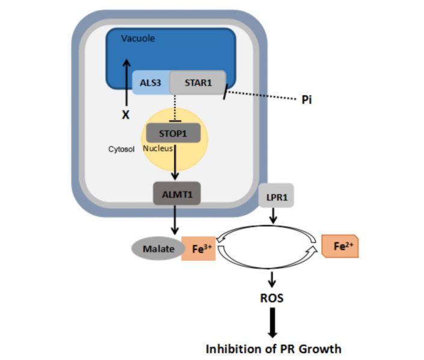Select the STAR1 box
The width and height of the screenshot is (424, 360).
pos(198,82)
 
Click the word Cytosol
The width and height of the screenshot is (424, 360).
pos(121,147)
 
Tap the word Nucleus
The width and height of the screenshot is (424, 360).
pos(158,147)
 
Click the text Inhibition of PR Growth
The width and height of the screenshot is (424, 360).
pos(273,348)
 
